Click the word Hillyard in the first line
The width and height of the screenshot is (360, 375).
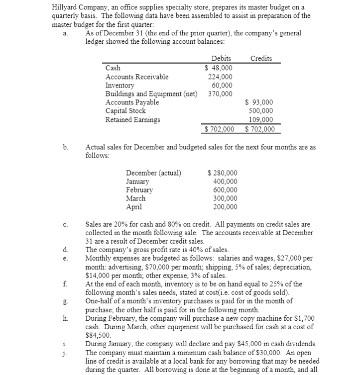point(65,7)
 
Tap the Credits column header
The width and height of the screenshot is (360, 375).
point(261,59)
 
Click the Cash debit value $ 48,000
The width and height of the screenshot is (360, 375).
point(219,68)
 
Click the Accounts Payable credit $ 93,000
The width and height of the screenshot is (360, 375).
point(259,102)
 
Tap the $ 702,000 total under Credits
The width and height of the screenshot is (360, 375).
point(259,129)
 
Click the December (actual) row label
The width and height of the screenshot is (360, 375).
point(153,173)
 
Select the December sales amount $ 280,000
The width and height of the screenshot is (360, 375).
point(222,173)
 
